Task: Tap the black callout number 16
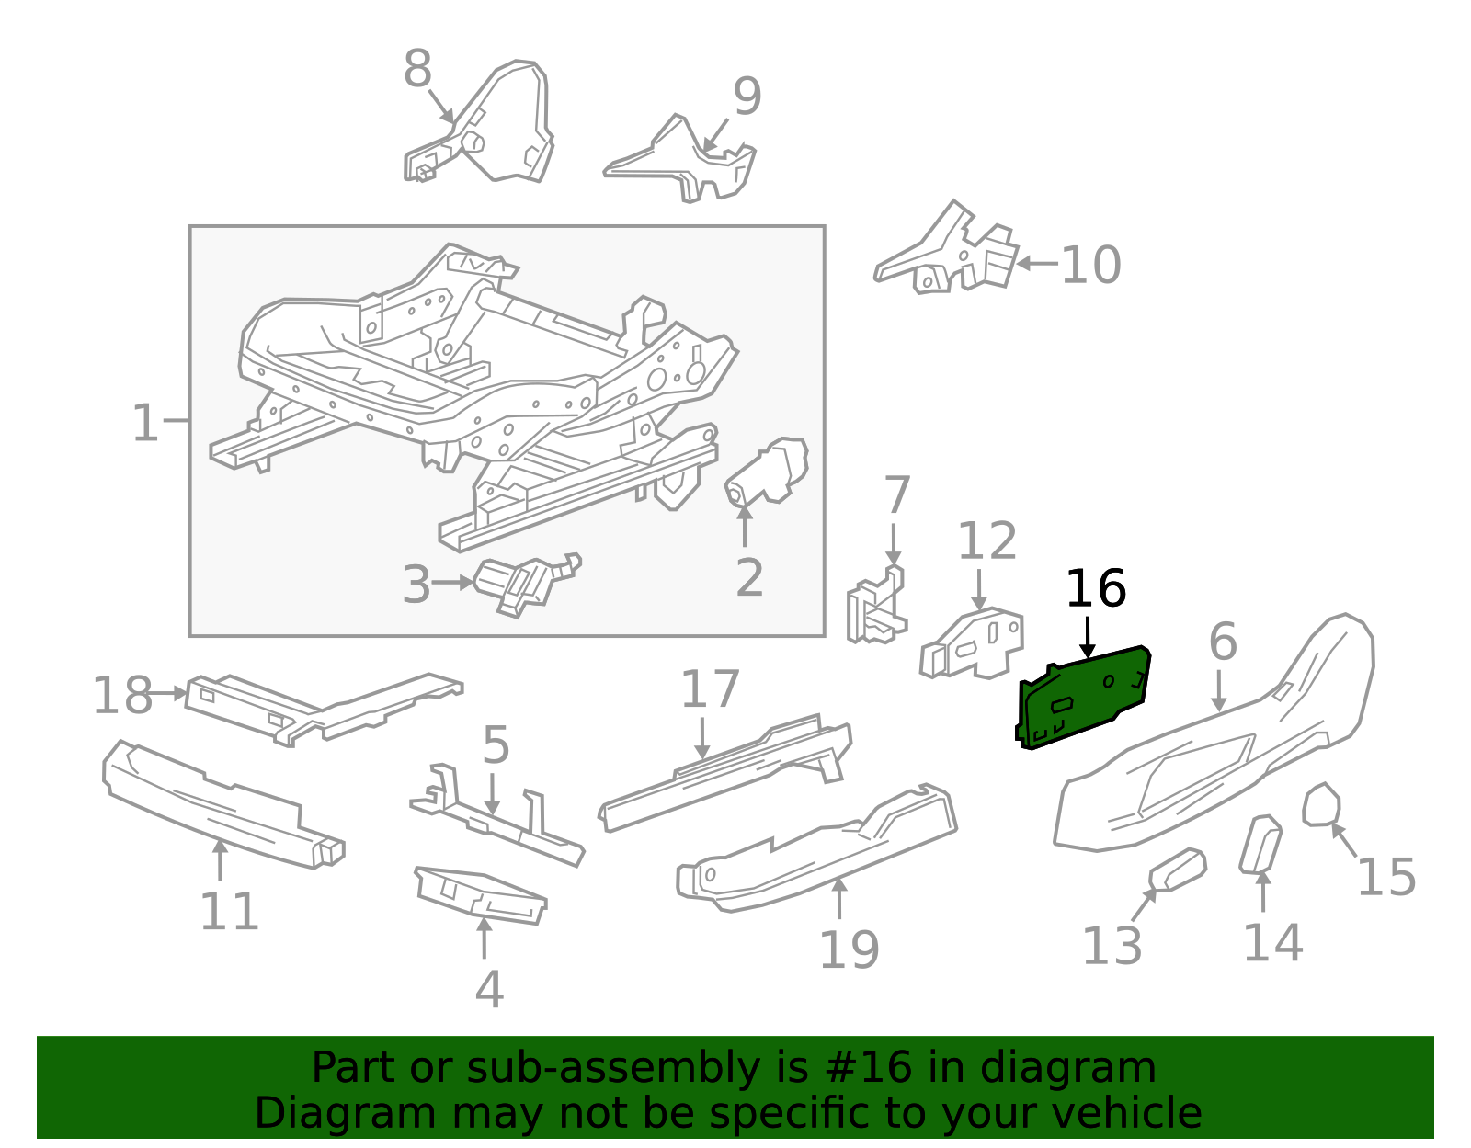[x=1096, y=588]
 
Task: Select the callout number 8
[x=417, y=68]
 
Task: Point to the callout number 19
[x=849, y=949]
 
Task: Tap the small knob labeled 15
[x=1321, y=805]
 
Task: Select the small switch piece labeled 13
[x=1178, y=870]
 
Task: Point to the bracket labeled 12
[x=972, y=643]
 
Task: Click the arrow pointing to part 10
[x=1037, y=263]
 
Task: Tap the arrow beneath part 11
[x=220, y=859]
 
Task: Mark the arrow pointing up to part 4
[x=484, y=938]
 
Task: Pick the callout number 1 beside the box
[x=145, y=423]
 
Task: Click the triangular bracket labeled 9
[x=680, y=160]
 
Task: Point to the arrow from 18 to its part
[x=165, y=693]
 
